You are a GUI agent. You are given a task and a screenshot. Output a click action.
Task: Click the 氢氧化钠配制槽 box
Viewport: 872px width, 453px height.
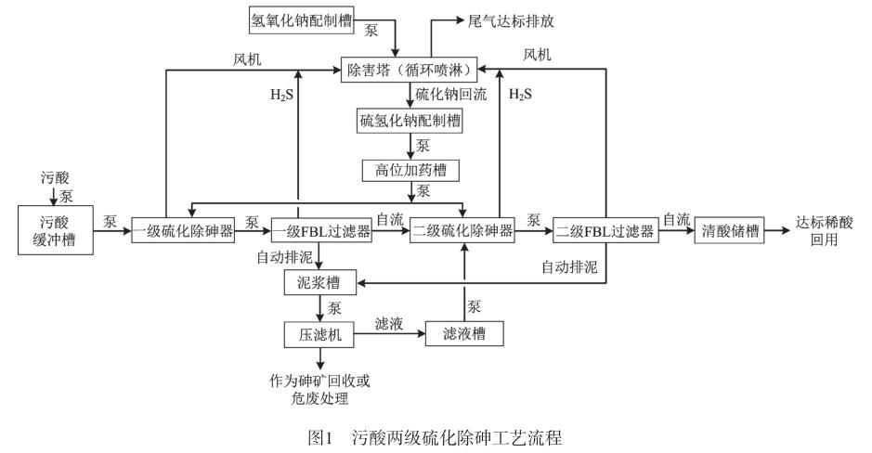click(x=303, y=18)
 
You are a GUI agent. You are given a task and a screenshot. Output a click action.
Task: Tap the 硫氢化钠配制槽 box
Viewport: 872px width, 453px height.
click(x=410, y=120)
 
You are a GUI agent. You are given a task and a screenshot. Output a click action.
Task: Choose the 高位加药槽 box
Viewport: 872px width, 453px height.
click(x=409, y=170)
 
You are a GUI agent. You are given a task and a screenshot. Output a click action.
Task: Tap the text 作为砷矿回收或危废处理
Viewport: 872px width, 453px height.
click(x=320, y=389)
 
